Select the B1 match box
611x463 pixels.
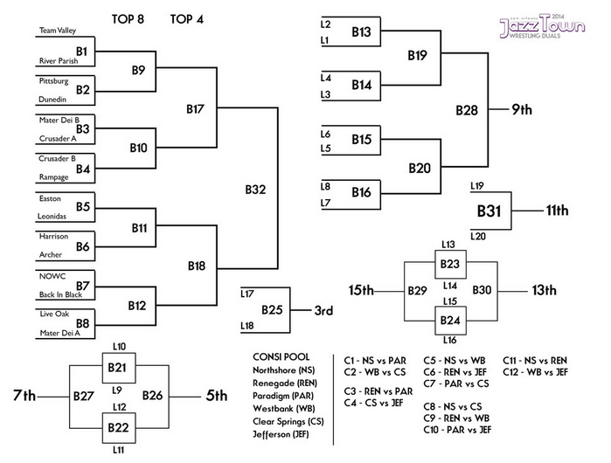coord(82,52)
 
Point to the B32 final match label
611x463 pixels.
coord(255,189)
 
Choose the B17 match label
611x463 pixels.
coord(196,110)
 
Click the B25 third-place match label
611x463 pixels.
coord(273,309)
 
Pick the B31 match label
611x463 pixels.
coord(490,211)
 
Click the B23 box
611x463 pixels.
coord(450,265)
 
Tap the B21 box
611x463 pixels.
coord(120,370)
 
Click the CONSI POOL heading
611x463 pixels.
coord(276,356)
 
